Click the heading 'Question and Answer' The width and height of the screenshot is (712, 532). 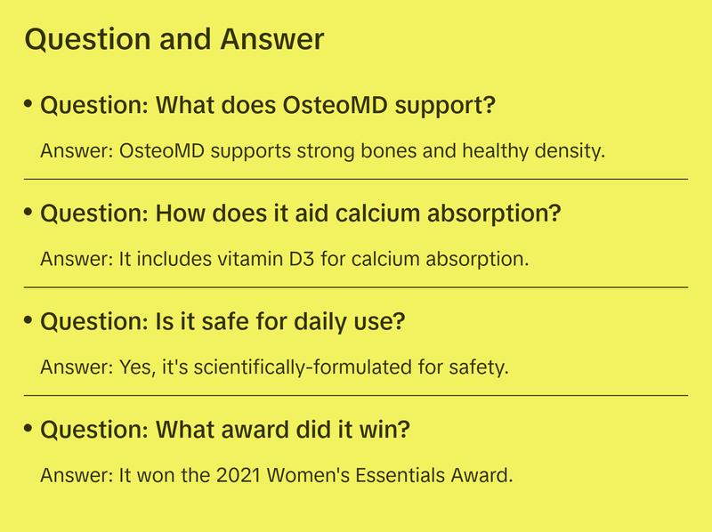174,39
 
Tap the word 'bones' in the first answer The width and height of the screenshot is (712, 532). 358,150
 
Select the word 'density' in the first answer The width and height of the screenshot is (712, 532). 571,150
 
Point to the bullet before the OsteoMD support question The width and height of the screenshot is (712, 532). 29,104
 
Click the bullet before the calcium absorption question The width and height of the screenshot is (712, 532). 29,213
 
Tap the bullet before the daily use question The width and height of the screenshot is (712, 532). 29,320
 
